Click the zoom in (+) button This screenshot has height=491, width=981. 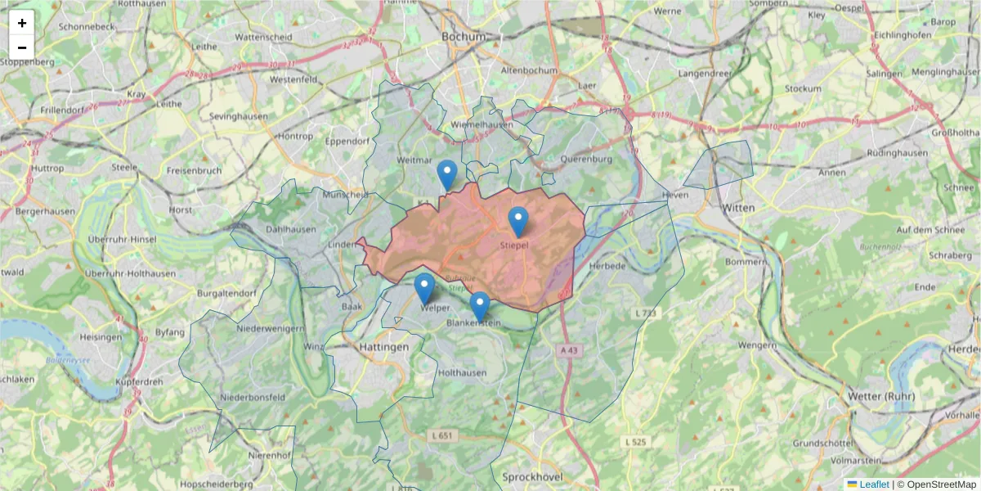pos(22,23)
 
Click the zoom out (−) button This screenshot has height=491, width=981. pos(22,47)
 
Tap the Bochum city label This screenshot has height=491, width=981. pos(463,37)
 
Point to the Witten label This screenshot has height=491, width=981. pos(739,208)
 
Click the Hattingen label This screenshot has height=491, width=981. pos(383,347)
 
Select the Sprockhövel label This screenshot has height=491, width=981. pos(529,475)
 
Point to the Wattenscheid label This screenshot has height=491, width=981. pos(262,38)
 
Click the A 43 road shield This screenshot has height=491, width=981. pos(570,349)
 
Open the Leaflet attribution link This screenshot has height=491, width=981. pos(873,484)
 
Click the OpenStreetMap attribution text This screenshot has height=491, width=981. pos(941,484)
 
